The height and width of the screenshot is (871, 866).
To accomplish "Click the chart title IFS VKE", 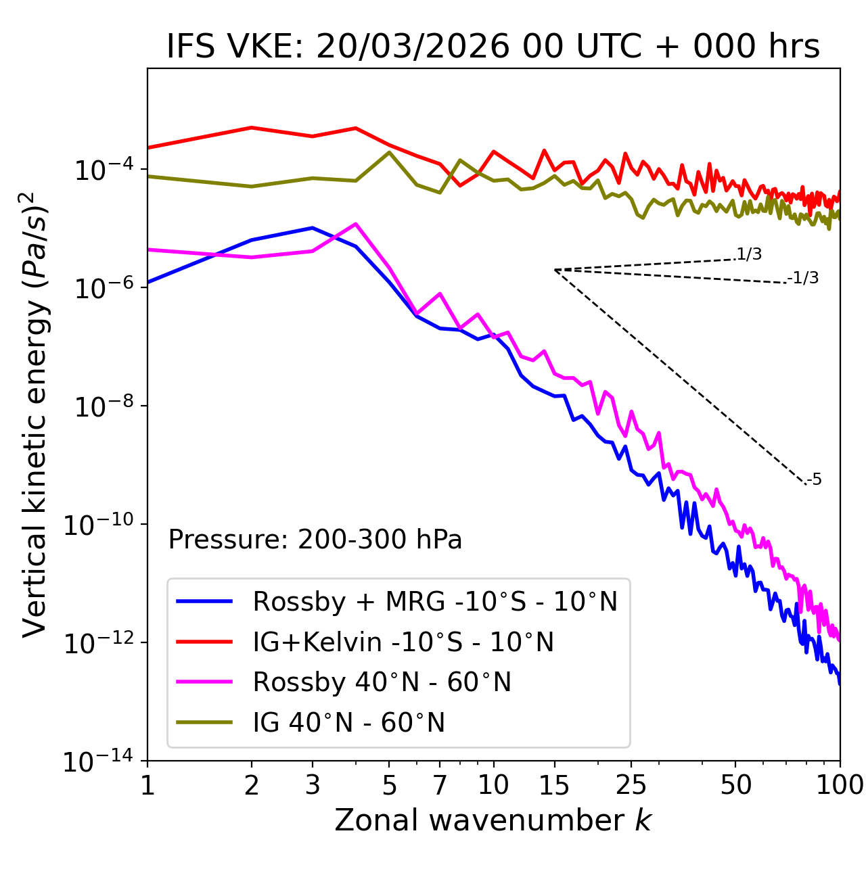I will tap(493, 47).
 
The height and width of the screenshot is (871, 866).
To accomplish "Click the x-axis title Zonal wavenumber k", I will tap(493, 820).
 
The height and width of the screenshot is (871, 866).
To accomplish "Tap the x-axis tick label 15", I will tap(554, 784).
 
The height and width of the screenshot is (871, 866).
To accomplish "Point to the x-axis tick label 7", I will tap(440, 784).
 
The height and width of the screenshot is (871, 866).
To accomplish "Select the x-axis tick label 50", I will tap(735, 784).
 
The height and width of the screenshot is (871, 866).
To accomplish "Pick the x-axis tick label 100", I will tap(840, 784).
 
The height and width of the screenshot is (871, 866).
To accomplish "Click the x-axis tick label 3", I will tap(312, 784).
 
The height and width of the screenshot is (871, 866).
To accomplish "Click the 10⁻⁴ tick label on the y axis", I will tap(101, 170).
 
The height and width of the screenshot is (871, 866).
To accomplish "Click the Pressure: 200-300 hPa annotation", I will tap(315, 540).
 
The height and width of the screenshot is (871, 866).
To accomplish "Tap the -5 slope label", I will tap(814, 480).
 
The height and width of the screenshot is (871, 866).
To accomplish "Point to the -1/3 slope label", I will tap(804, 278).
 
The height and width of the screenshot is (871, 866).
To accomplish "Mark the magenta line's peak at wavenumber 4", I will tap(355, 224).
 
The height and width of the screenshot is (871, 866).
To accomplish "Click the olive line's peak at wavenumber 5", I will tap(389, 152).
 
